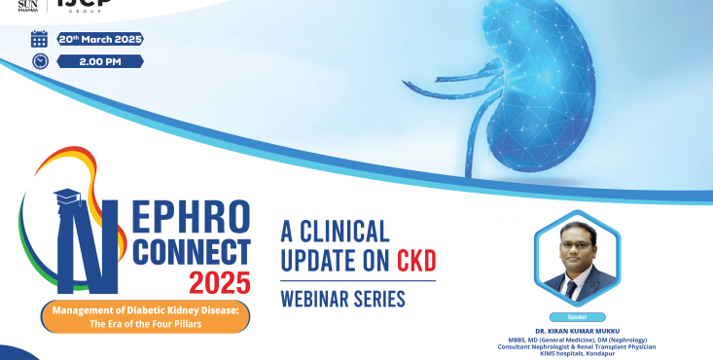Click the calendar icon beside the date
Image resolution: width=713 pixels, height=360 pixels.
coord(39,39)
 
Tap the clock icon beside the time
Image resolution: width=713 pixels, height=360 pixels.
coord(39,61)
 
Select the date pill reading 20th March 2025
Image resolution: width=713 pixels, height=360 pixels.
coord(99,39)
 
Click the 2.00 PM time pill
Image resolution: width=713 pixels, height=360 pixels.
coord(99,61)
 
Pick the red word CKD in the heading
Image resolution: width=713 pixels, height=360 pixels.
coord(415,261)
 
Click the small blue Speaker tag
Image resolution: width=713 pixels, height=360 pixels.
coord(578,317)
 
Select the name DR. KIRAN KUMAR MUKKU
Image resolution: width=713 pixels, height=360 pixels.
coord(578,330)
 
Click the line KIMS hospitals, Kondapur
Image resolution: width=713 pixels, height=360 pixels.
coord(578,354)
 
